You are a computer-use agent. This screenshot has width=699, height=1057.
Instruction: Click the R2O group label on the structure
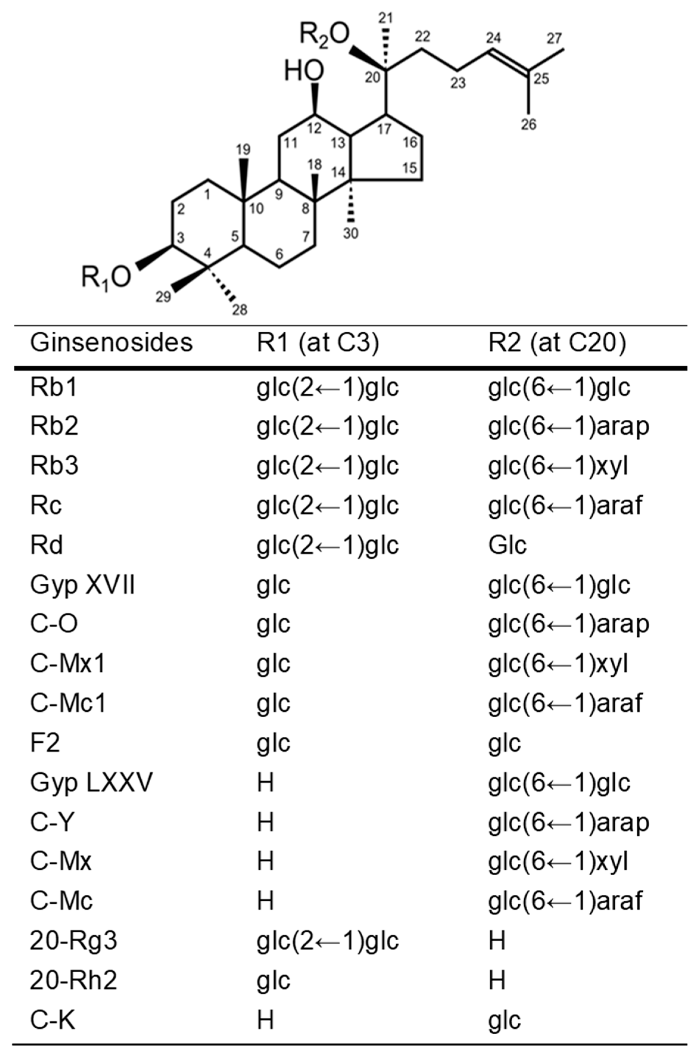click(x=324, y=35)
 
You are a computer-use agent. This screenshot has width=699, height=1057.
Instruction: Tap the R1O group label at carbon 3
click(x=106, y=277)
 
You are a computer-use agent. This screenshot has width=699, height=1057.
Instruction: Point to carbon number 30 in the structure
click(x=351, y=233)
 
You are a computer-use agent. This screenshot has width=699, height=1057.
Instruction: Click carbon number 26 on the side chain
click(x=529, y=125)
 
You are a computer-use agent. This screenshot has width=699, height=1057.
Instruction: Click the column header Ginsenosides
click(x=111, y=343)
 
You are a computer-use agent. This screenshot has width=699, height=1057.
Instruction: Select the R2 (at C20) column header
click(x=557, y=343)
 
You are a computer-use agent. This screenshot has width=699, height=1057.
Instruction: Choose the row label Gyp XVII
click(x=82, y=585)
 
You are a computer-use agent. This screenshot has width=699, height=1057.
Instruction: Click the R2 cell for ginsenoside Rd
click(x=507, y=545)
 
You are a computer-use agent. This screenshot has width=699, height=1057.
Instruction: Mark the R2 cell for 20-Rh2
click(x=497, y=980)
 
